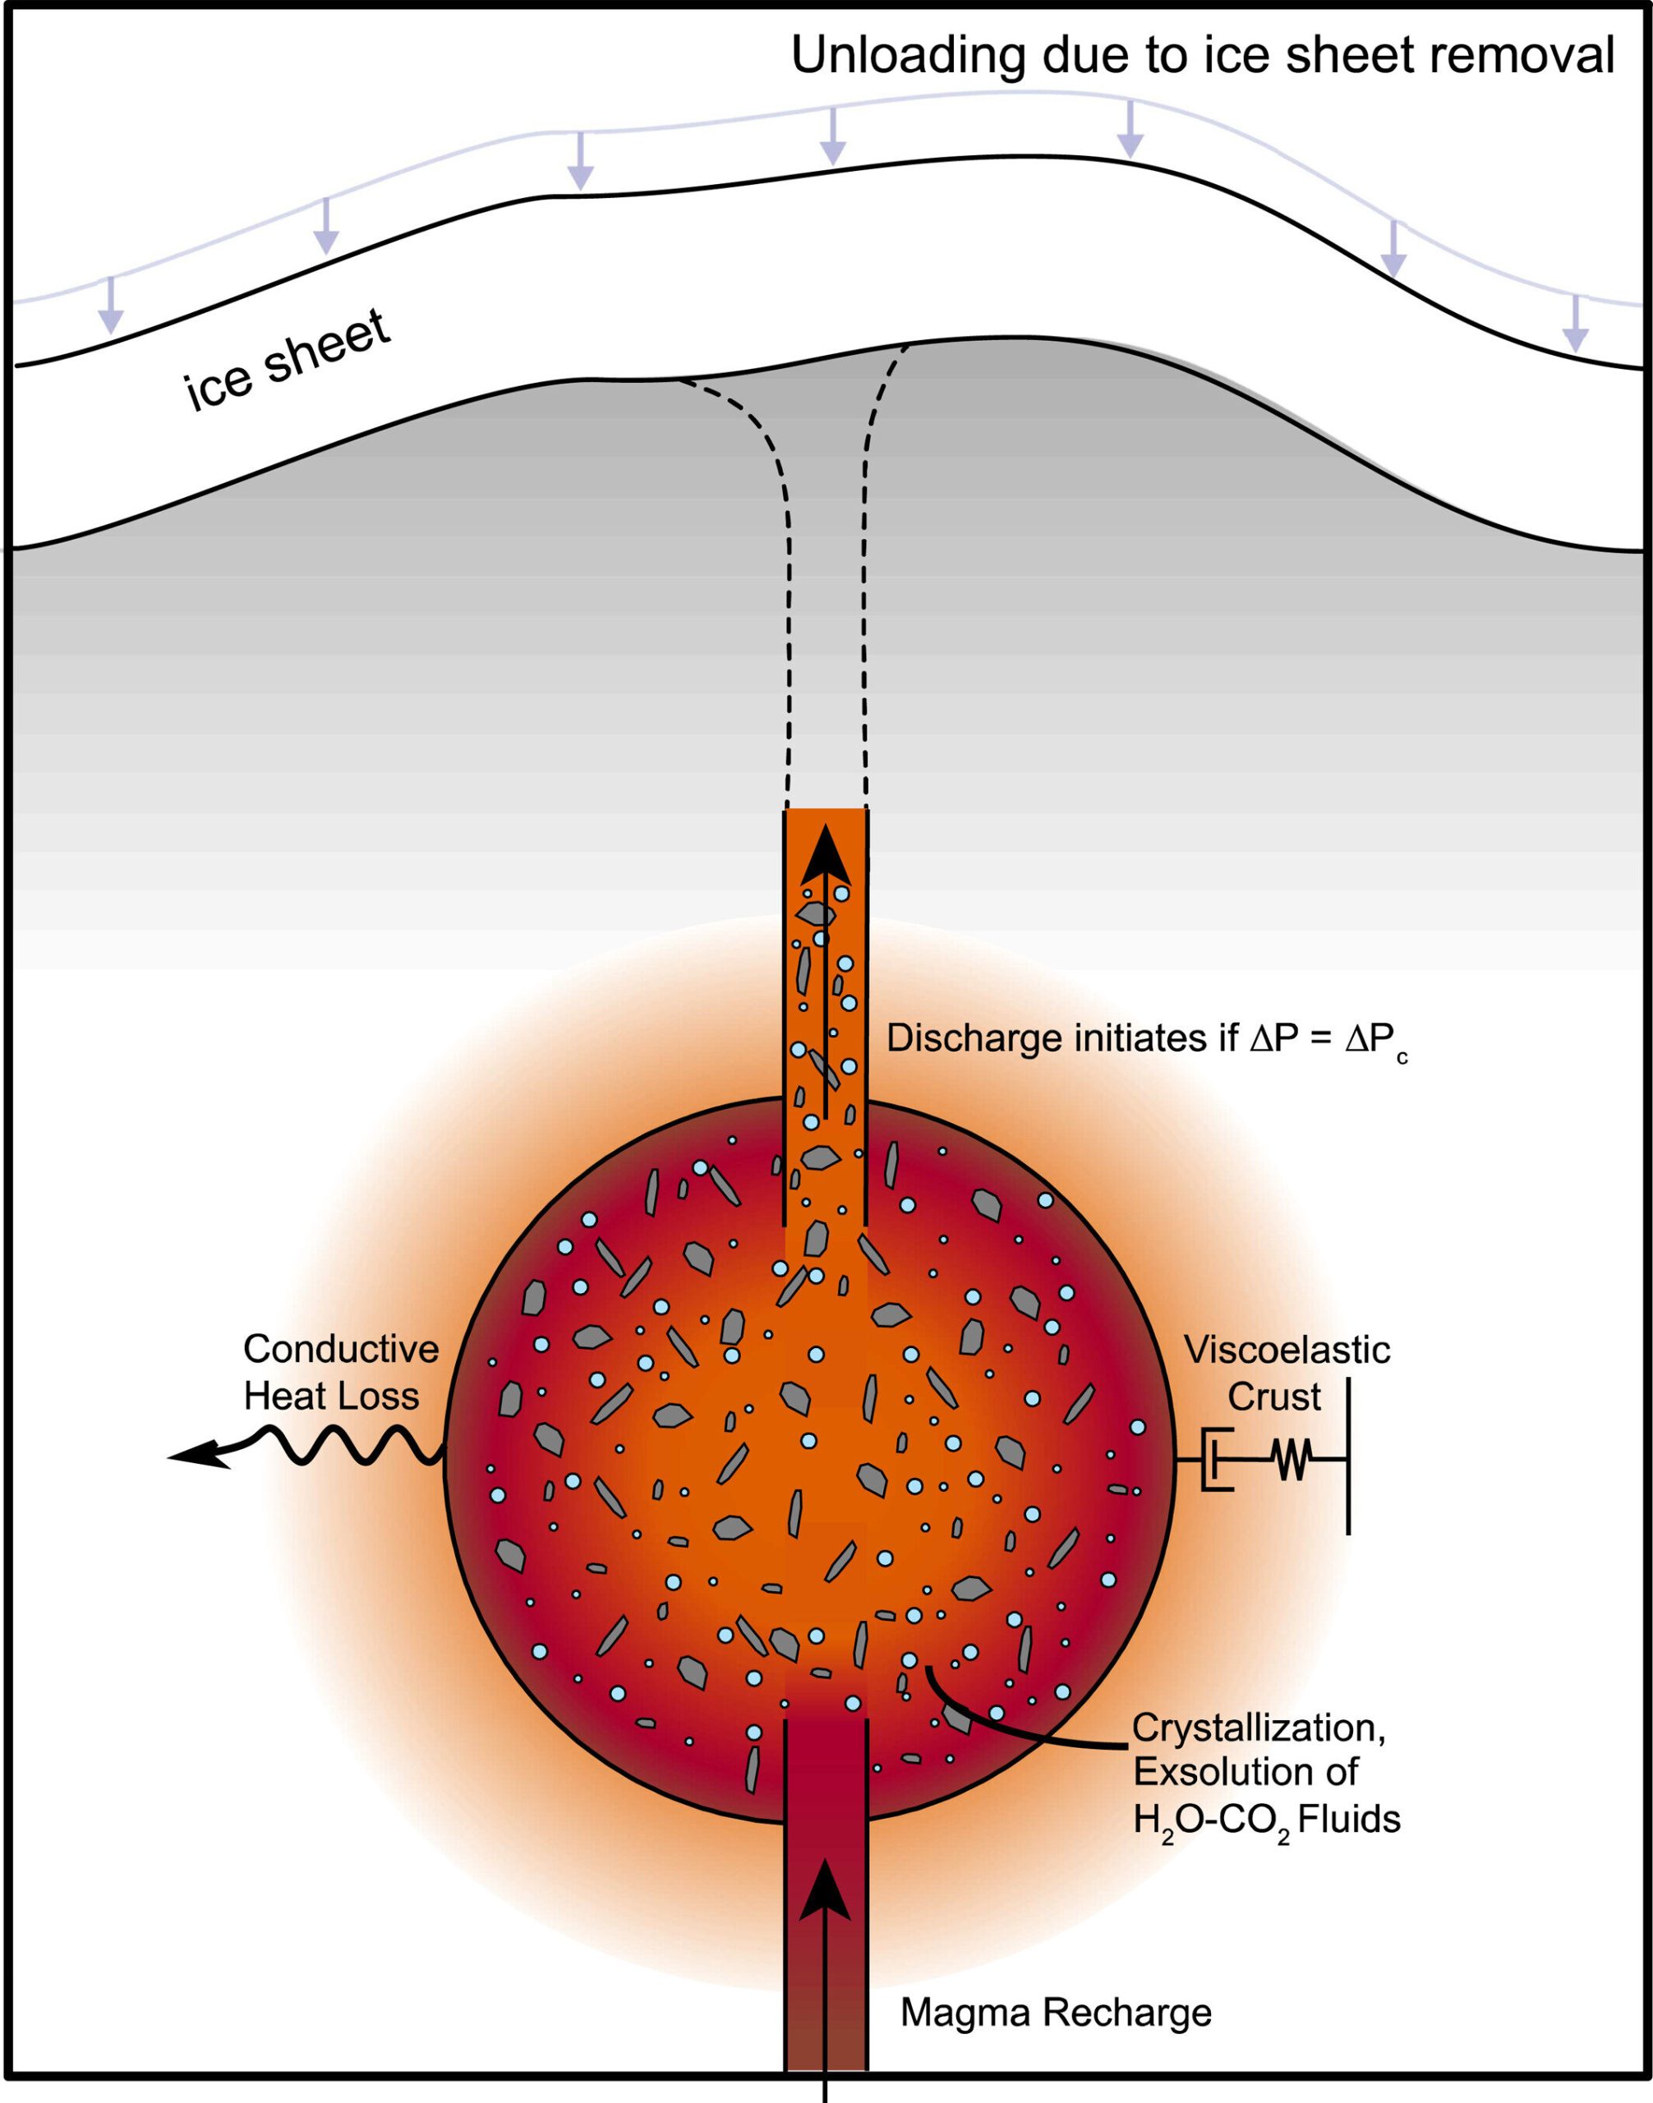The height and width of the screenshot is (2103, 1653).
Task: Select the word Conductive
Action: [341, 1348]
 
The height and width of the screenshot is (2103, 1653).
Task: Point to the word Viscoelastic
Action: [1287, 1349]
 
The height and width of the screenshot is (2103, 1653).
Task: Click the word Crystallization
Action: [1258, 1727]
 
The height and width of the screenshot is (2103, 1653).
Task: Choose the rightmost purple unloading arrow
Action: [1577, 324]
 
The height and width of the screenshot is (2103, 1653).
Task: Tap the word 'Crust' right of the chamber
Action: [1273, 1397]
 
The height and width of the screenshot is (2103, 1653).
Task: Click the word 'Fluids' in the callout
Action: [1349, 1820]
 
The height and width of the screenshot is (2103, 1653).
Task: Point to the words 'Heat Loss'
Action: [331, 1396]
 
